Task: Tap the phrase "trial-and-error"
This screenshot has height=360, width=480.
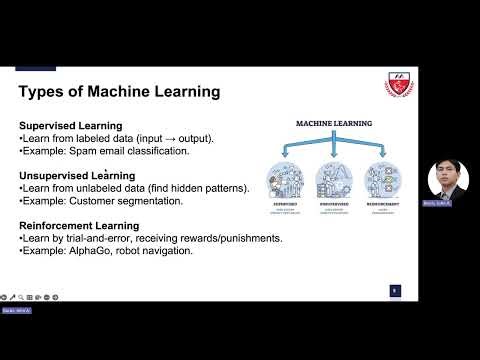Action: pos(94,238)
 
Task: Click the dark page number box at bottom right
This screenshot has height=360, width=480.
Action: pos(395,290)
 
